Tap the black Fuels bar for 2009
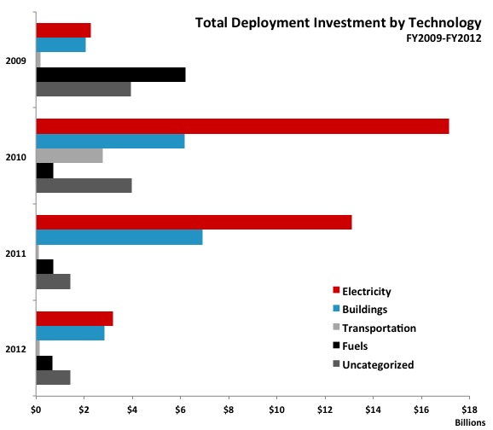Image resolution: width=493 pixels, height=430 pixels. [x=111, y=74]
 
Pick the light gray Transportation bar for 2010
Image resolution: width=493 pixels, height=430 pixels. [x=69, y=155]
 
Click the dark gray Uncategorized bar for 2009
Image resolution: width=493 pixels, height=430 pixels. [x=84, y=89]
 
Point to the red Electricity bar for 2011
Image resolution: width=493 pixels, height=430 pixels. [x=194, y=223]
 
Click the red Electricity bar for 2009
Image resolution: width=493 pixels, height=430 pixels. [x=63, y=31]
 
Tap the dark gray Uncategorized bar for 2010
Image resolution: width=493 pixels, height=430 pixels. [x=84, y=185]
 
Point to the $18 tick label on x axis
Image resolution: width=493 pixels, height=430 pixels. [x=468, y=409]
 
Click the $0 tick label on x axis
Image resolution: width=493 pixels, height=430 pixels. [x=36, y=409]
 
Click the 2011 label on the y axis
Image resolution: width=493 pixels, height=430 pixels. [x=15, y=253]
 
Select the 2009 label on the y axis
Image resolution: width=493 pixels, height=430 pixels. [x=15, y=60]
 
